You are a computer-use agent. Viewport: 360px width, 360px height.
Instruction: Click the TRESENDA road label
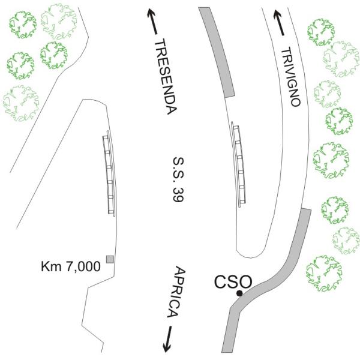(166, 76)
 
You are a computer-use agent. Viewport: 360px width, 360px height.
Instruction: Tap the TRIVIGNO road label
(290, 77)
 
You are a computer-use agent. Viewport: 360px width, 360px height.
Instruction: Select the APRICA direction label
(176, 292)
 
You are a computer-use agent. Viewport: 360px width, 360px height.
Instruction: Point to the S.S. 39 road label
(178, 179)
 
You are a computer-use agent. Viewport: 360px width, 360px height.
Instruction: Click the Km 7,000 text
(71, 266)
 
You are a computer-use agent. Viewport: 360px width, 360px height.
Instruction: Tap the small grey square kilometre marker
(110, 259)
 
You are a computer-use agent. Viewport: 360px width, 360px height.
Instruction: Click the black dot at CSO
(239, 293)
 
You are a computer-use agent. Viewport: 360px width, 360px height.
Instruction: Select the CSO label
(233, 281)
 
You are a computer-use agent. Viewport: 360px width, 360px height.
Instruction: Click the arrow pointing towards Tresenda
(152, 22)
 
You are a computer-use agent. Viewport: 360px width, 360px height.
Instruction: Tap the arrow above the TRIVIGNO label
(279, 23)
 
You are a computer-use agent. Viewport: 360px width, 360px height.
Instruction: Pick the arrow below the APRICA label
(168, 340)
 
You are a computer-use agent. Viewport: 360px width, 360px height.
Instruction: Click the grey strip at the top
(218, 52)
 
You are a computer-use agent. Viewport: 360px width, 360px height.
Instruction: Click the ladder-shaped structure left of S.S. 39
(109, 173)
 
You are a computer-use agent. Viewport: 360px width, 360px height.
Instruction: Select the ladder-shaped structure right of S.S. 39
(238, 164)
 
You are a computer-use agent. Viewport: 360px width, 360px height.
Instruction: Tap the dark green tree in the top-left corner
(23, 25)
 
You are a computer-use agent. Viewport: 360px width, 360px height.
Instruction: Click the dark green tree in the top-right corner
(321, 32)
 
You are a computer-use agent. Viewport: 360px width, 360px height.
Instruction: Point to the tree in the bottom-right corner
(324, 274)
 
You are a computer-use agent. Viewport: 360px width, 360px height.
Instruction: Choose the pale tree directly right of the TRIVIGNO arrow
(341, 59)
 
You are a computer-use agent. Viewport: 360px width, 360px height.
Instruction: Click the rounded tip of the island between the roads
(250, 257)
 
